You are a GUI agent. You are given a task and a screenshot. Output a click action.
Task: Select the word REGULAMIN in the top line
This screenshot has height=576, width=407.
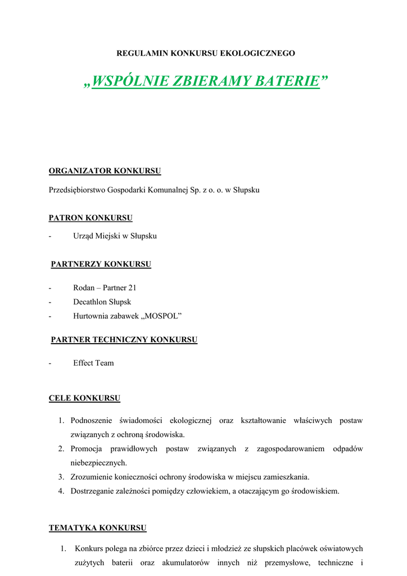(140, 53)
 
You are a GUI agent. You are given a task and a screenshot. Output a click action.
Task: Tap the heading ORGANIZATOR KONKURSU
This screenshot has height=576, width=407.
(105, 170)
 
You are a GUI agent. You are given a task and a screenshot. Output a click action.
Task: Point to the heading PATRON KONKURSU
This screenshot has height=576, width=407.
(91, 217)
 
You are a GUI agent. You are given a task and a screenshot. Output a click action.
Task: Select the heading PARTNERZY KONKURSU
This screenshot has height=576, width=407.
(101, 264)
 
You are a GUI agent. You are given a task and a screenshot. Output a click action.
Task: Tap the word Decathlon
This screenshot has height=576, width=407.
(91, 301)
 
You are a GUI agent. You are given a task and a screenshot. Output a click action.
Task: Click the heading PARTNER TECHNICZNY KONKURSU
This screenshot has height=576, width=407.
(124, 340)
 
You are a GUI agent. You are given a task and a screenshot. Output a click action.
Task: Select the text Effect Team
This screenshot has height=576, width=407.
(93, 363)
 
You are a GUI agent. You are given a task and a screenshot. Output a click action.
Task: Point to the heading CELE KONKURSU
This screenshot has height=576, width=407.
(84, 398)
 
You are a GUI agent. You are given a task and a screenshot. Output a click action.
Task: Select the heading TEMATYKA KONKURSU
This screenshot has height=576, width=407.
(97, 528)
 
